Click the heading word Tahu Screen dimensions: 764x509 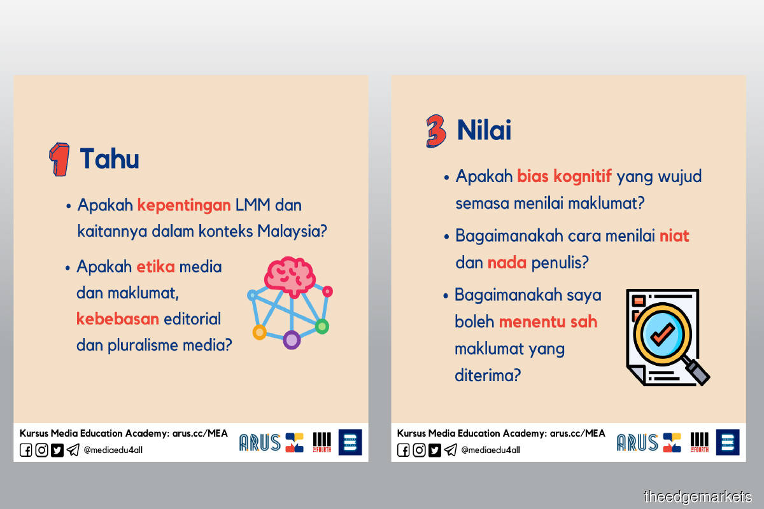point(110,158)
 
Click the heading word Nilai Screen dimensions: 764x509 point(484,130)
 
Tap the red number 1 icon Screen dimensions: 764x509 point(60,159)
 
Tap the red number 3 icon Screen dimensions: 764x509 point(436,131)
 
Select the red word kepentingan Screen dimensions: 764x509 point(184,206)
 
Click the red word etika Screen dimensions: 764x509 point(155,267)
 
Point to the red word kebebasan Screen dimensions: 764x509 point(118,319)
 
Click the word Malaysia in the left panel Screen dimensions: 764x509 point(292,231)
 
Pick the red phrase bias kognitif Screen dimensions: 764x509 point(565,177)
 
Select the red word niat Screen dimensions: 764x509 point(674,236)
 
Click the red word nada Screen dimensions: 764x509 point(507,263)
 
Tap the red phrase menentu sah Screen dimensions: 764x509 point(548,322)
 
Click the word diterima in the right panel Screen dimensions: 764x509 point(488,375)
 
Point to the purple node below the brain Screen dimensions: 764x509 point(292,340)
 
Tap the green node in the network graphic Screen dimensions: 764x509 point(322,326)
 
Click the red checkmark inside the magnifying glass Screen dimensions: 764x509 point(662,333)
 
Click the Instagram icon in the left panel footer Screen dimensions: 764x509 point(41,450)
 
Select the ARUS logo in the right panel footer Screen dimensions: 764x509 point(637,443)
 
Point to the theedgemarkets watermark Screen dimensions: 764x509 point(698,497)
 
